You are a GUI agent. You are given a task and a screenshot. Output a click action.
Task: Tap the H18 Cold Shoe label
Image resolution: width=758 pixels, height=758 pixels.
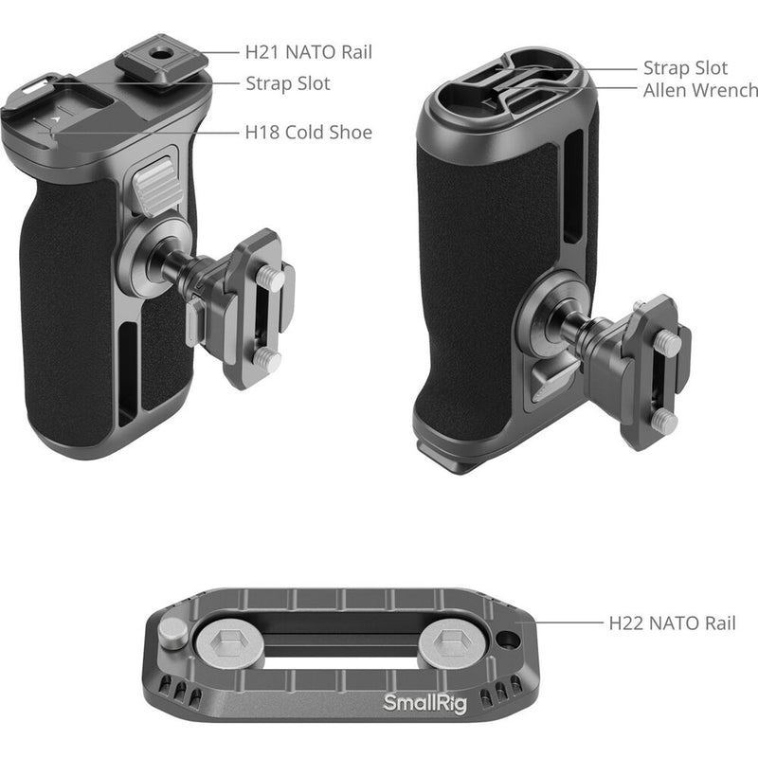pos(309,132)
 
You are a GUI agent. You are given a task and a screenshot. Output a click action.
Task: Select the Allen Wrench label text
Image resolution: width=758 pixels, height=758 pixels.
pos(700,91)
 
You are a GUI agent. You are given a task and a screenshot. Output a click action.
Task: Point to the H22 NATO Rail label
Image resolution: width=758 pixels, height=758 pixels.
pos(672,623)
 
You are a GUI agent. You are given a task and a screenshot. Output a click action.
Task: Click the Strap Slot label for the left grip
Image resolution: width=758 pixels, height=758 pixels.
pos(288,83)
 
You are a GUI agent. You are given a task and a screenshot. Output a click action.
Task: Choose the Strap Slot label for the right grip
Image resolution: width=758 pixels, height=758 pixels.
pos(685,68)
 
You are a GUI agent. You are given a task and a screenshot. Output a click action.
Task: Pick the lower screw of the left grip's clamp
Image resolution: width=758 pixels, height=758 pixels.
pos(268,359)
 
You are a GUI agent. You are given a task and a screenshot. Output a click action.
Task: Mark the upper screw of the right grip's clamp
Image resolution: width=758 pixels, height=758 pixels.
pos(670,345)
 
